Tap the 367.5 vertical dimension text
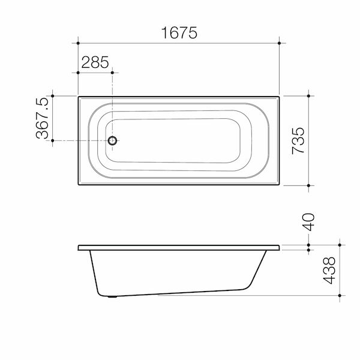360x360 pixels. coord(42,119)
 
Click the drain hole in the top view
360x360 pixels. coord(112,141)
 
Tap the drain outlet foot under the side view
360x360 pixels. coord(112,296)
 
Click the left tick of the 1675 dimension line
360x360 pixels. coord(78,43)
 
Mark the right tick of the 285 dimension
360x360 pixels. coord(112,73)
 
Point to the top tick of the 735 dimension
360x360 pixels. coord(308,95)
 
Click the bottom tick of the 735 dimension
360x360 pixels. coord(308,186)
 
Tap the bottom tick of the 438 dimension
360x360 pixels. coord(340,296)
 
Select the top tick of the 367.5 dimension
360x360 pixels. coord(53,95)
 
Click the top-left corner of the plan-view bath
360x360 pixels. coord(79,95)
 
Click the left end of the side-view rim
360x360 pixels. coord(79,248)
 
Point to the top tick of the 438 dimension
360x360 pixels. coord(340,245)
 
